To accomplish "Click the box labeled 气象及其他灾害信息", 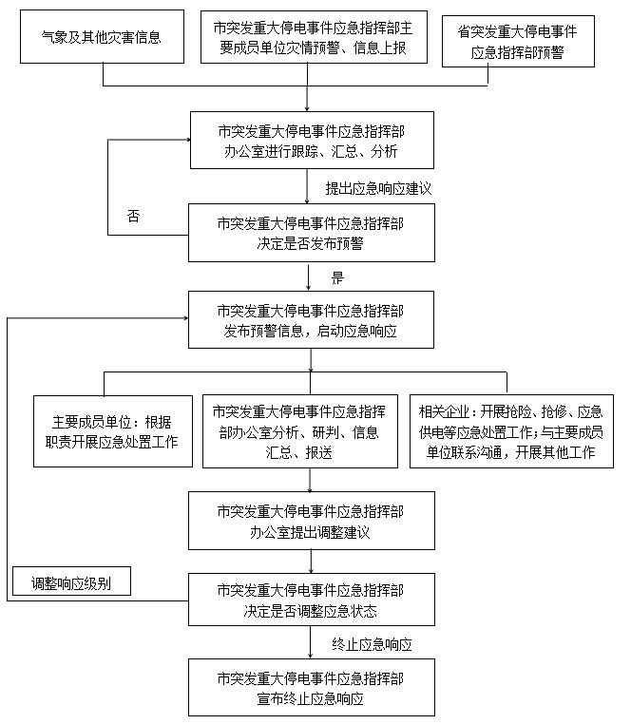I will coord(102,39).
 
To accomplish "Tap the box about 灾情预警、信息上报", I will coord(311,38).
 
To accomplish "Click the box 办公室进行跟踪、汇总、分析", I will coord(311,140).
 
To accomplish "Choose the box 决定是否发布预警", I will coord(311,233).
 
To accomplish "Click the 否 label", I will coord(134,216).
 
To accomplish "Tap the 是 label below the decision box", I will coord(336,277).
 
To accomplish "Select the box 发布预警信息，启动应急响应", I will coord(311,320).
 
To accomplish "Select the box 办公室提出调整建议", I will coord(311,520).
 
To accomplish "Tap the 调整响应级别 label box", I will coord(71,582).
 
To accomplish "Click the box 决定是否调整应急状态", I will coord(311,600).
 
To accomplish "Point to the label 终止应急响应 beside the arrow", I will coord(372,644).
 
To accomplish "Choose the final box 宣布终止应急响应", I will coord(311,688).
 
